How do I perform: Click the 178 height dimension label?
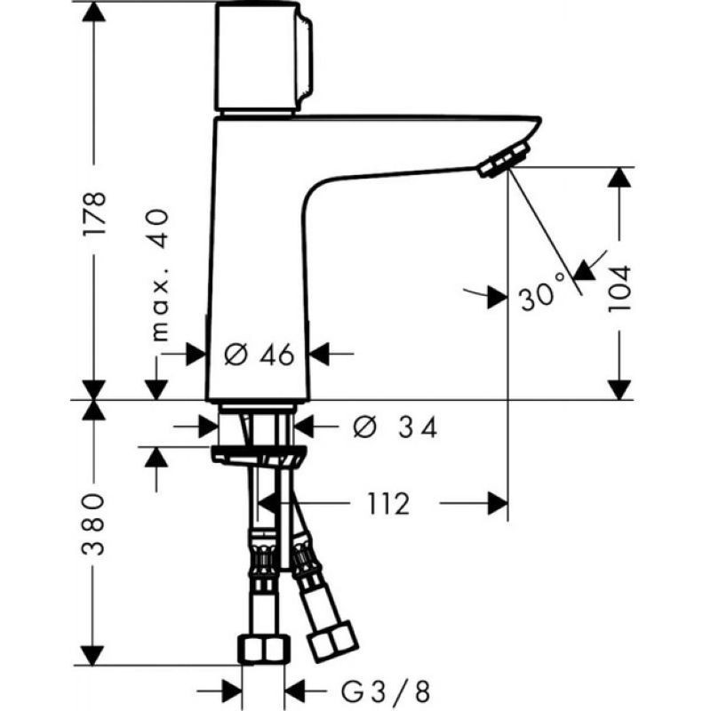(96, 212)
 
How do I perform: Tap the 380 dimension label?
(96, 524)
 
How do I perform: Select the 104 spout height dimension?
(619, 287)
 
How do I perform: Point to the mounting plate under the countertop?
(259, 455)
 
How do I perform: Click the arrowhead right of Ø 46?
(319, 355)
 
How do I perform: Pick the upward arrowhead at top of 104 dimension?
(620, 176)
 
